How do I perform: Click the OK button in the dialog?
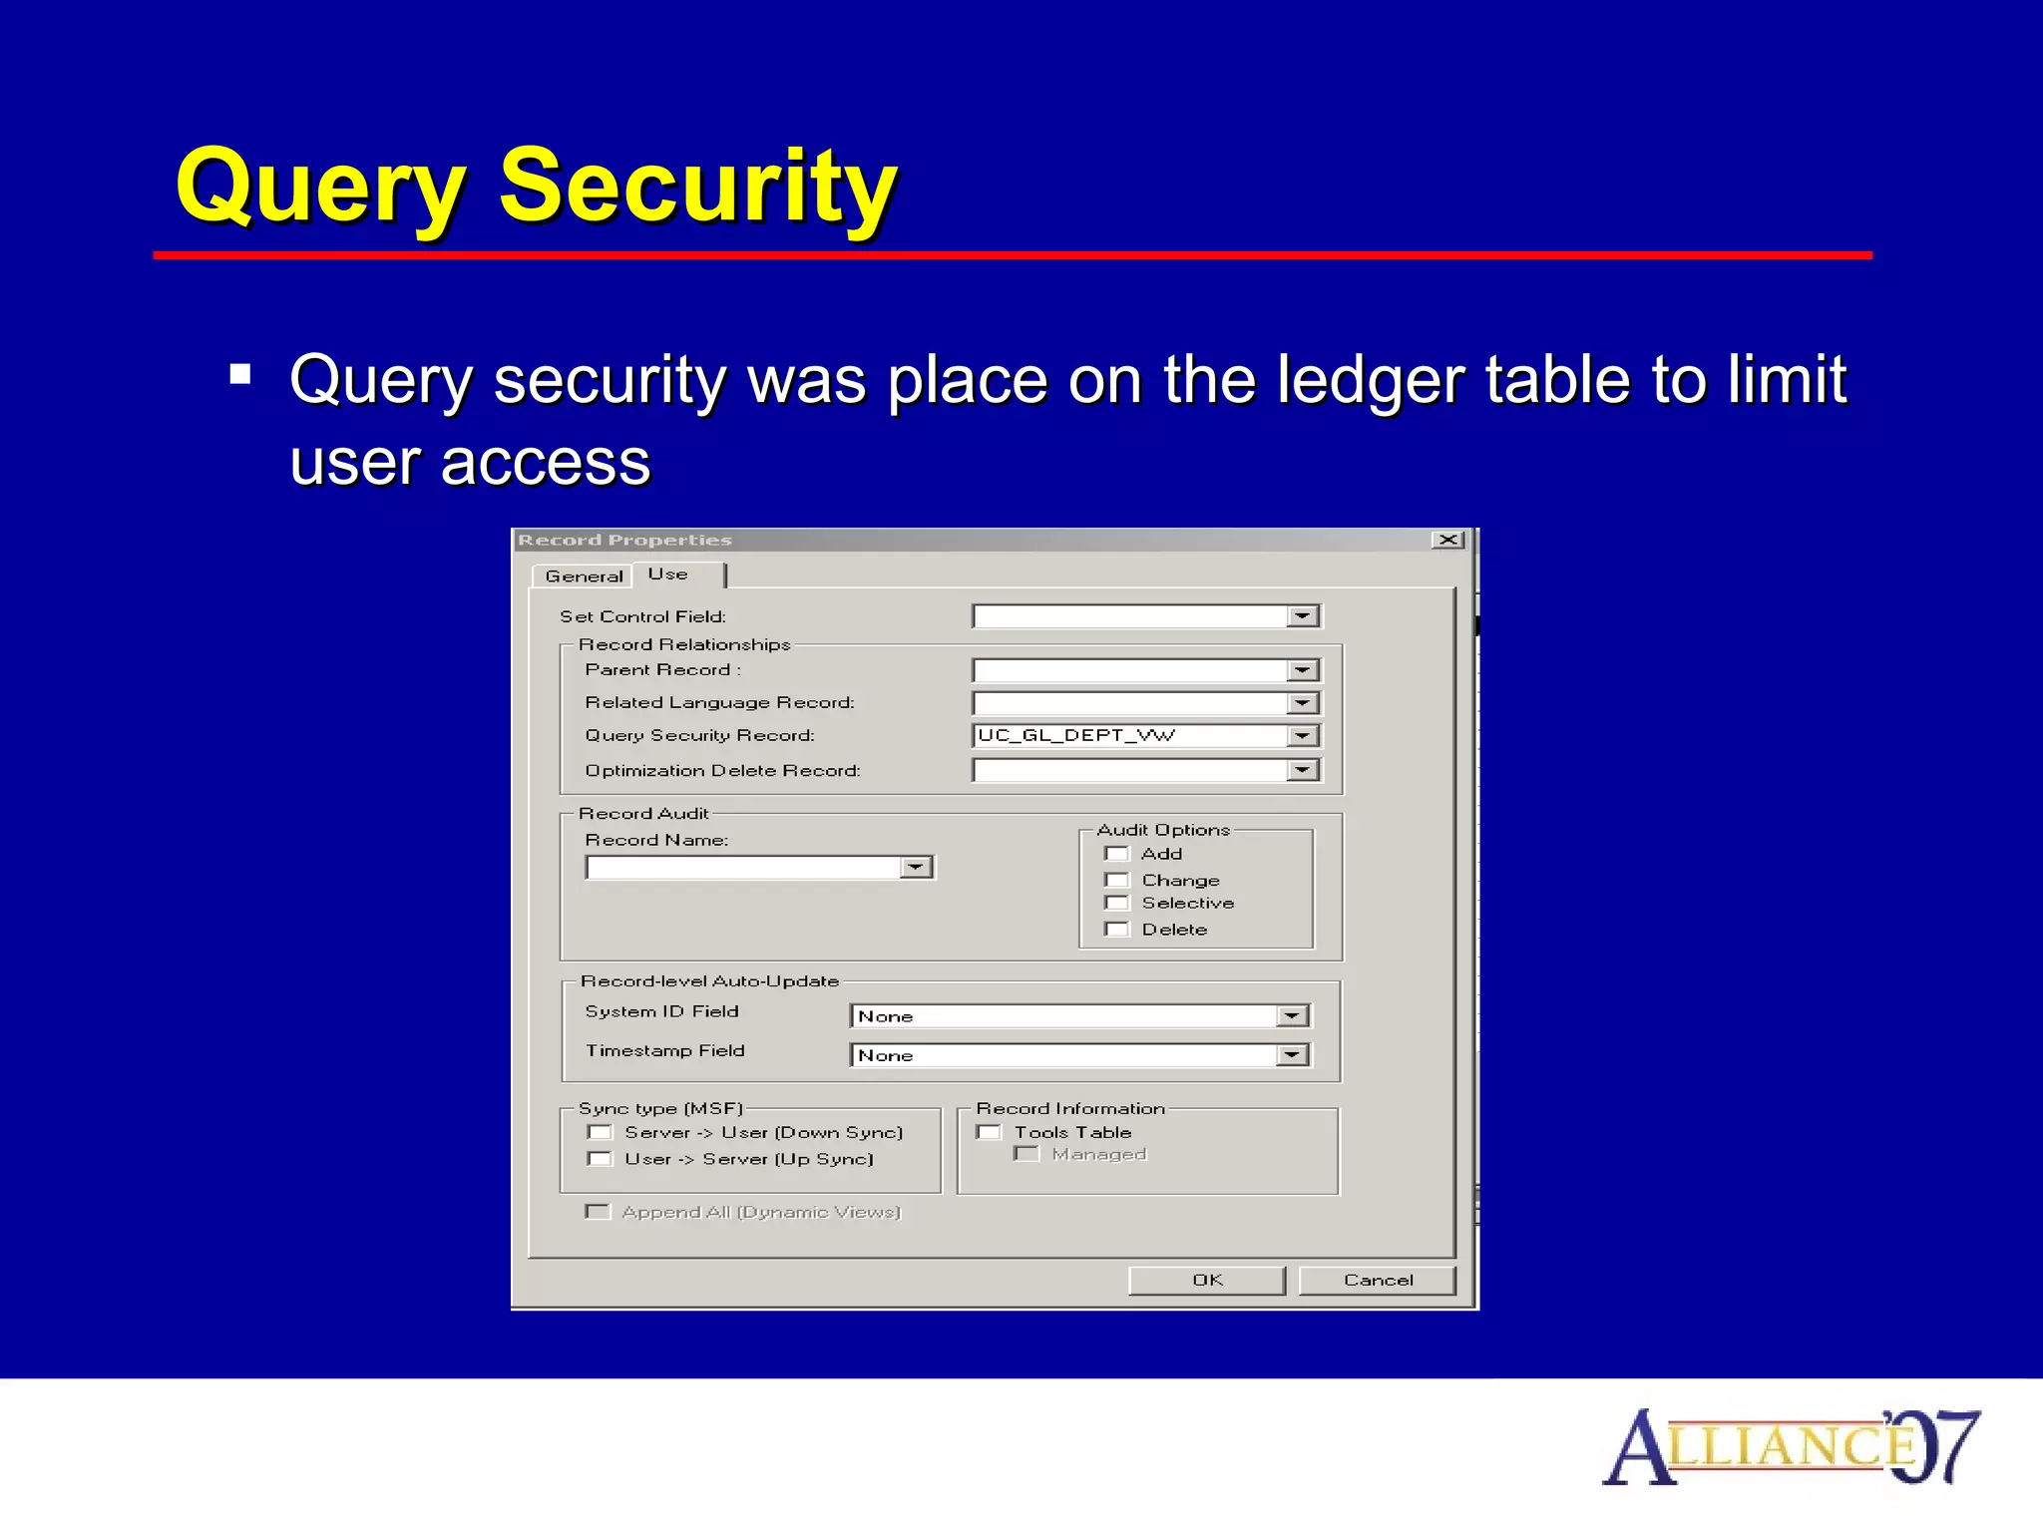point(1206,1280)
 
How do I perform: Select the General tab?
point(584,576)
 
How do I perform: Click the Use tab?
point(668,574)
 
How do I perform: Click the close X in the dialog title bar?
point(1447,540)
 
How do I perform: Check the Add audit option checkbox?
point(1117,854)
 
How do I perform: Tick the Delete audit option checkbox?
point(1117,930)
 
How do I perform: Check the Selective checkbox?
point(1117,904)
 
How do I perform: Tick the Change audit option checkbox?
point(1117,880)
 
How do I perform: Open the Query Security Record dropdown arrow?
point(1302,736)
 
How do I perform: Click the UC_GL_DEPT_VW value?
point(1077,736)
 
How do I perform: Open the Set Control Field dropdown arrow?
point(1302,616)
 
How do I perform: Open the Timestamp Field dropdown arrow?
point(1292,1055)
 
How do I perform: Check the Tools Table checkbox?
point(990,1132)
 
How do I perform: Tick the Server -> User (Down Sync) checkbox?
point(600,1132)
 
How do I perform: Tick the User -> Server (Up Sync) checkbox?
point(600,1159)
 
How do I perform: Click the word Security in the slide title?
point(698,187)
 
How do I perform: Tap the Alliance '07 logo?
point(1791,1446)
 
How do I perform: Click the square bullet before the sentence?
point(239,375)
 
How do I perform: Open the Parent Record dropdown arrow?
point(1302,670)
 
